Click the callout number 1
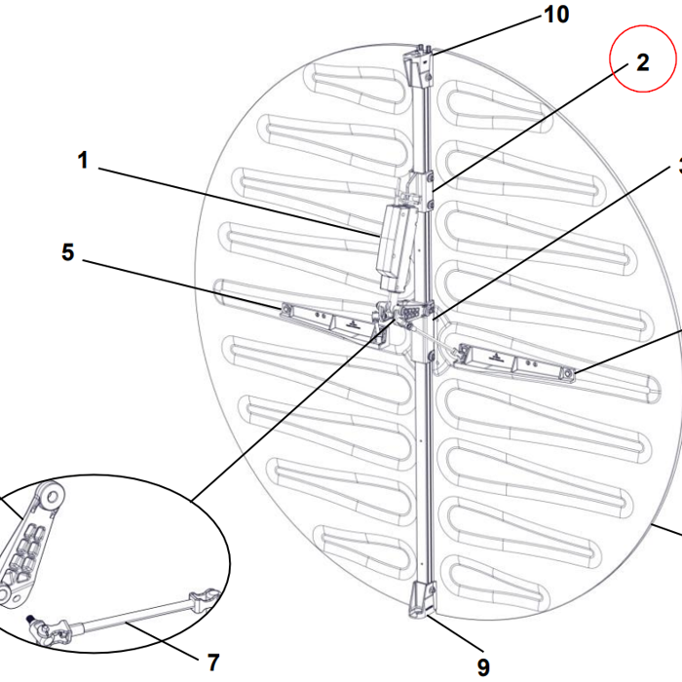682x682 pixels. [x=84, y=161]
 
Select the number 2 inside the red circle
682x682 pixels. [x=643, y=63]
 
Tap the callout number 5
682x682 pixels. [x=67, y=252]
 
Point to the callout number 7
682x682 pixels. [x=213, y=662]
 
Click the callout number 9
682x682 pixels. [x=483, y=666]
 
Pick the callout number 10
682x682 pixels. [x=556, y=15]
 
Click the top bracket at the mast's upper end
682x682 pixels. [x=421, y=63]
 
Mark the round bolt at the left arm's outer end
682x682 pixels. [x=287, y=310]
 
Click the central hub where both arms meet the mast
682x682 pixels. [x=409, y=317]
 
